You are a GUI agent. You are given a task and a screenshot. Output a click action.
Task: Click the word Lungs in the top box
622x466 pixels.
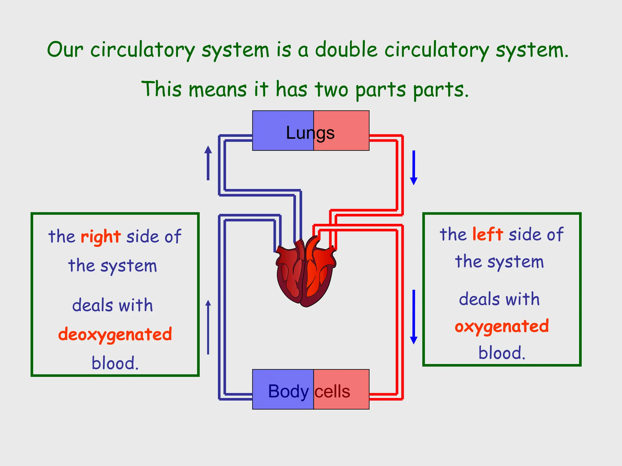point(310,133)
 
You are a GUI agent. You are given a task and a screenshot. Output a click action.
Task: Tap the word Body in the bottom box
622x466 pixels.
point(288,391)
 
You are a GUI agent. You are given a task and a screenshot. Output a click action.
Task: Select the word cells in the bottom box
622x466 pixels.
point(332,391)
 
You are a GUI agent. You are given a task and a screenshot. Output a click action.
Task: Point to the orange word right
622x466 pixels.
point(101,237)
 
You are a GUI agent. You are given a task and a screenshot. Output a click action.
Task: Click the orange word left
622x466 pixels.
point(487,234)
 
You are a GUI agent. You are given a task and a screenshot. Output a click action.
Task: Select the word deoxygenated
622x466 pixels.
point(115,334)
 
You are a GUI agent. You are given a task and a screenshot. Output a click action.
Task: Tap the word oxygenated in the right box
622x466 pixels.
point(502,326)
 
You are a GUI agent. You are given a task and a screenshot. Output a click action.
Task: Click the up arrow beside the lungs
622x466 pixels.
point(208,163)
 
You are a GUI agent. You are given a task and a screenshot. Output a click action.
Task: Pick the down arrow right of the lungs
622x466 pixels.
point(414,167)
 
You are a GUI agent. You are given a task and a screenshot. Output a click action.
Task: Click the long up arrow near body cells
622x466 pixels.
point(208,327)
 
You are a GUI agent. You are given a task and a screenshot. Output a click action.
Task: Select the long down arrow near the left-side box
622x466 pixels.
point(414,317)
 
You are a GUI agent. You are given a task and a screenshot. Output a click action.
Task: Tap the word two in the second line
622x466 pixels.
point(331,89)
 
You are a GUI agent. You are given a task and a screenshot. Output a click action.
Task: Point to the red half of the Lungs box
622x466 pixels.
point(349,130)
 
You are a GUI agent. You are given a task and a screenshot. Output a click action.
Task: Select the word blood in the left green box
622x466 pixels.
point(115,363)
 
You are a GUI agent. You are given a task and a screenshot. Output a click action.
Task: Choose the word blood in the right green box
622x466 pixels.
point(501,353)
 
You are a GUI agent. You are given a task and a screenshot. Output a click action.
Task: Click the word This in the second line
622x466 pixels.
point(162,89)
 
